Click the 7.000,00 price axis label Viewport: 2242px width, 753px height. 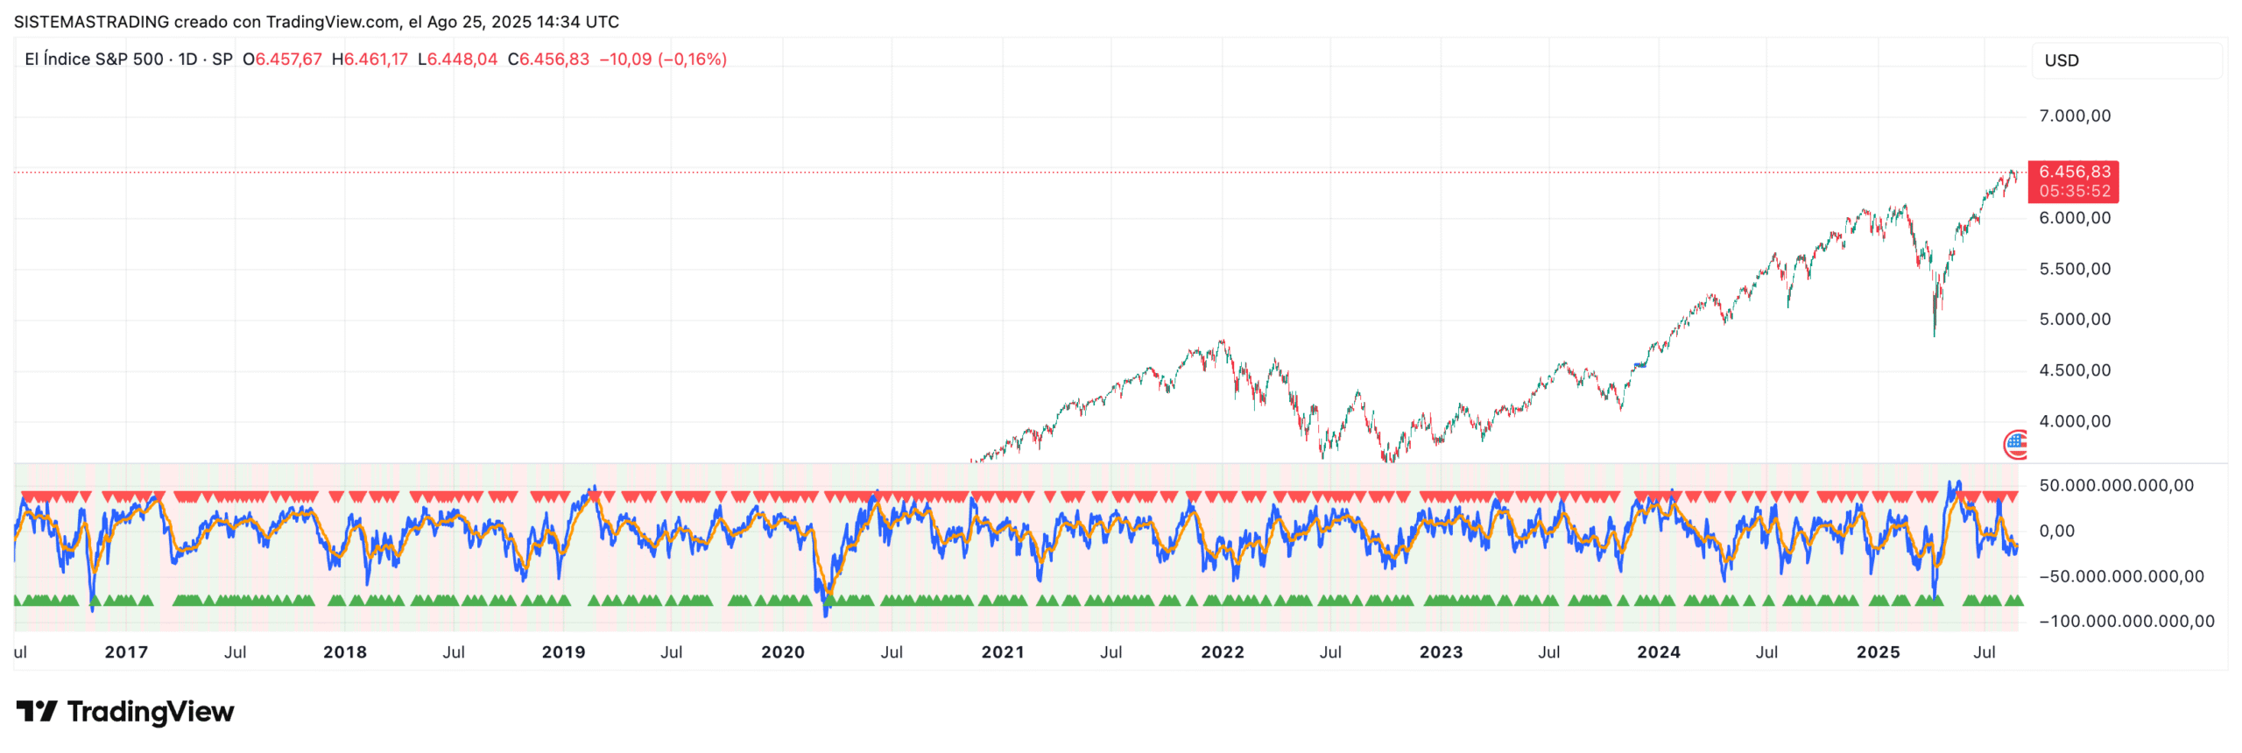click(x=2074, y=116)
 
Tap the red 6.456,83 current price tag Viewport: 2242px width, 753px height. click(x=2074, y=172)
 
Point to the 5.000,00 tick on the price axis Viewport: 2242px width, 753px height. click(x=2074, y=320)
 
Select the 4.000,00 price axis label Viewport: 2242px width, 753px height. click(x=2074, y=421)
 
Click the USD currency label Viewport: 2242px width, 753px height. click(x=2061, y=60)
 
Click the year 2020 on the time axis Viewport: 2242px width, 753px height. click(x=782, y=652)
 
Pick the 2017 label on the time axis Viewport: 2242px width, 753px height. click(x=126, y=652)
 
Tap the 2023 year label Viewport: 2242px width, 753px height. click(x=1441, y=652)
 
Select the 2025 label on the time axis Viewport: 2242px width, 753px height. click(x=1878, y=652)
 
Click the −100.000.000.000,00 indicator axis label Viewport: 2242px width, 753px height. click(x=2126, y=622)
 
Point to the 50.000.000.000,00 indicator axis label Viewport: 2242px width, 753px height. click(x=2116, y=486)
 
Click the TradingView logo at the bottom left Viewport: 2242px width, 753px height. click(x=125, y=712)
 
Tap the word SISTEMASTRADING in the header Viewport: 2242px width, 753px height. click(x=91, y=22)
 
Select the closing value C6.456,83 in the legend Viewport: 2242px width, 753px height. click(x=548, y=60)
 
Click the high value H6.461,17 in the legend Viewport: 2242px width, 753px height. click(x=370, y=60)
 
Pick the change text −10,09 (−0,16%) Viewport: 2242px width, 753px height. click(x=663, y=60)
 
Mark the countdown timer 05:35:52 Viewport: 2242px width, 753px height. click(x=2074, y=191)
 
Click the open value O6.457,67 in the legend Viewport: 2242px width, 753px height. click(x=282, y=60)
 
